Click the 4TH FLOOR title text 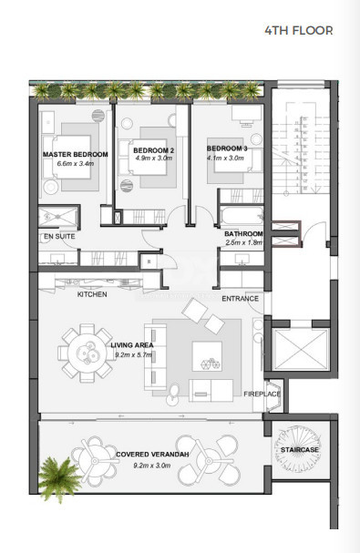pyautogui.click(x=298, y=30)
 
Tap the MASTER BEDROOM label pyautogui.click(x=75, y=155)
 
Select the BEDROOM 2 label pyautogui.click(x=153, y=149)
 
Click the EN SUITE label pyautogui.click(x=57, y=236)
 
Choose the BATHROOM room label pyautogui.click(x=244, y=234)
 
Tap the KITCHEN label pyautogui.click(x=92, y=294)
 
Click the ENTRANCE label pyautogui.click(x=241, y=298)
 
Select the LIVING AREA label pyautogui.click(x=129, y=343)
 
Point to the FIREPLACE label pyautogui.click(x=262, y=394)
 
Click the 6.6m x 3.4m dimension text pyautogui.click(x=75, y=164)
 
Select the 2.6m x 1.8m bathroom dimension pyautogui.click(x=243, y=243)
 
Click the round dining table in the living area pyautogui.click(x=81, y=352)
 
